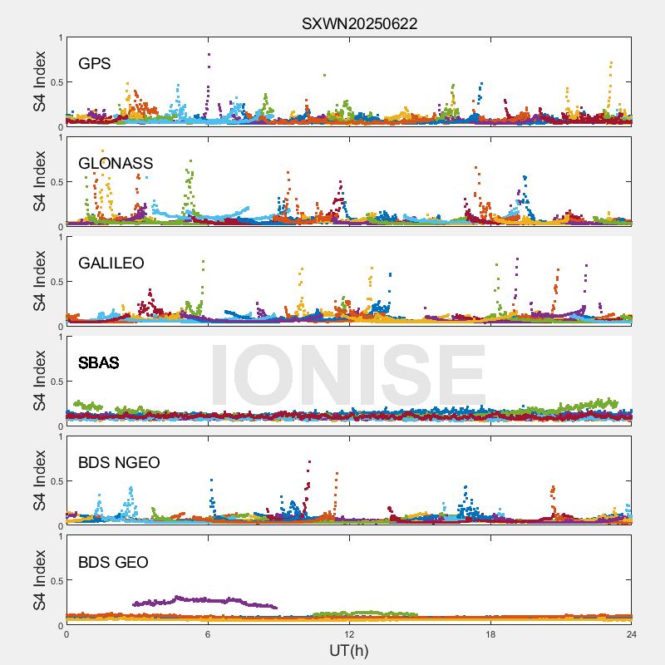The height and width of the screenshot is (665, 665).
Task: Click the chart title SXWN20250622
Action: tap(359, 24)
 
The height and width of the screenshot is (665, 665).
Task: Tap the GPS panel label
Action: tap(95, 64)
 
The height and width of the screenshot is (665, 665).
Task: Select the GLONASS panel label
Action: tap(116, 164)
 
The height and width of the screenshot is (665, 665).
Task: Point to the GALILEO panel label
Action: tap(111, 264)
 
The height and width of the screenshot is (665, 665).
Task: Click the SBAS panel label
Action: tap(99, 363)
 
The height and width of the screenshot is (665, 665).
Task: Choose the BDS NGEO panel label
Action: tap(119, 463)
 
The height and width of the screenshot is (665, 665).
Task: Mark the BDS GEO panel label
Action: tap(113, 563)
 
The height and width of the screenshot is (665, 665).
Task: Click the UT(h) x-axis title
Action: tap(349, 650)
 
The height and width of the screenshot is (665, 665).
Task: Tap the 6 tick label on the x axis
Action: tap(208, 634)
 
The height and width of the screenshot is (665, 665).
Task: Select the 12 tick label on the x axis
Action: tap(349, 634)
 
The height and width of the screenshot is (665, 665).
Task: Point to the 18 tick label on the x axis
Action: tap(490, 634)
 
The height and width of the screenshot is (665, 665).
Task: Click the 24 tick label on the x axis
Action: tap(632, 634)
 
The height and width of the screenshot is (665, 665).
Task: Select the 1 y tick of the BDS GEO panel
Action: tap(59, 536)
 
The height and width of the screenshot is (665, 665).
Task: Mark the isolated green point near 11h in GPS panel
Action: tap(324, 75)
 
